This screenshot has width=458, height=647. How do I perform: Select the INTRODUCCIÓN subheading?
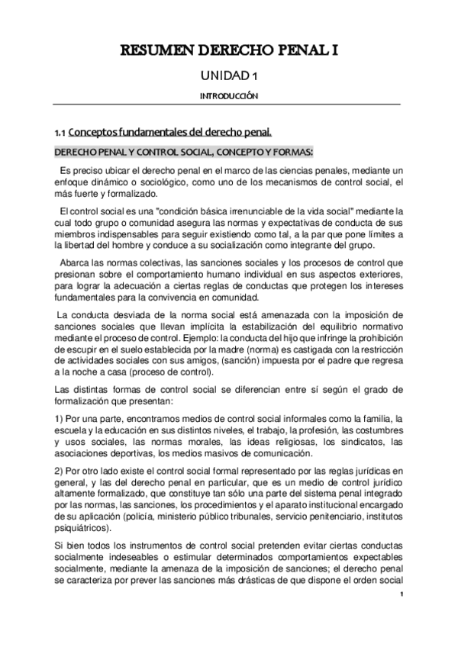229,96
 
